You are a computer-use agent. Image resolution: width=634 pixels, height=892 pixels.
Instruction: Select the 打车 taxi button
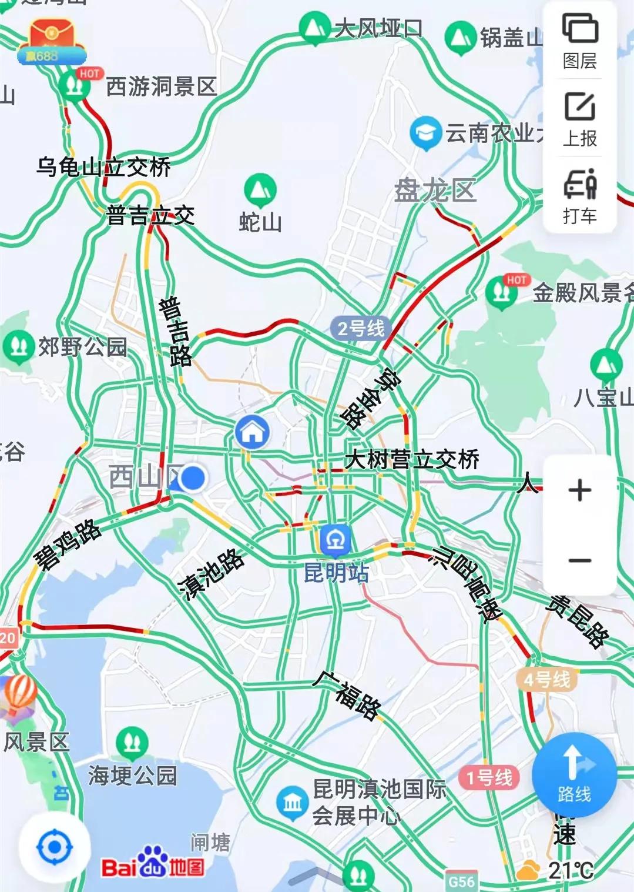(580, 196)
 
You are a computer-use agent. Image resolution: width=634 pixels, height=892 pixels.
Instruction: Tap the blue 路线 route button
(574, 775)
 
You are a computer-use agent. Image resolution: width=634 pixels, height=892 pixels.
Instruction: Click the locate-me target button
(55, 847)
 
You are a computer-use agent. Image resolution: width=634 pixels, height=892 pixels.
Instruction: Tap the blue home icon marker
(253, 432)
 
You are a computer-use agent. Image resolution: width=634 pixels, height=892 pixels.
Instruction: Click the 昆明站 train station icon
(336, 540)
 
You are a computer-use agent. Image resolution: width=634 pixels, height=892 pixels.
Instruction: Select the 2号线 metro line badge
(361, 328)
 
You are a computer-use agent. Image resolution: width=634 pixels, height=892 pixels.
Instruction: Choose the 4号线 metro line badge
(546, 680)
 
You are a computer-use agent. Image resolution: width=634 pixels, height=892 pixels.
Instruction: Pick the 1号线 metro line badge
(489, 778)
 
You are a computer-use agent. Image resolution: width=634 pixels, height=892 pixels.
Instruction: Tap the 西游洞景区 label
(162, 87)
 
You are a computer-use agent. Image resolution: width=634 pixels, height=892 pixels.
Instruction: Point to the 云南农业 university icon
(425, 133)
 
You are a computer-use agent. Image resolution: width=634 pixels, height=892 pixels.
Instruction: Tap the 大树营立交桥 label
(412, 459)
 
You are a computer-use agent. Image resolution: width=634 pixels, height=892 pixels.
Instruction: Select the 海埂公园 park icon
(132, 743)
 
